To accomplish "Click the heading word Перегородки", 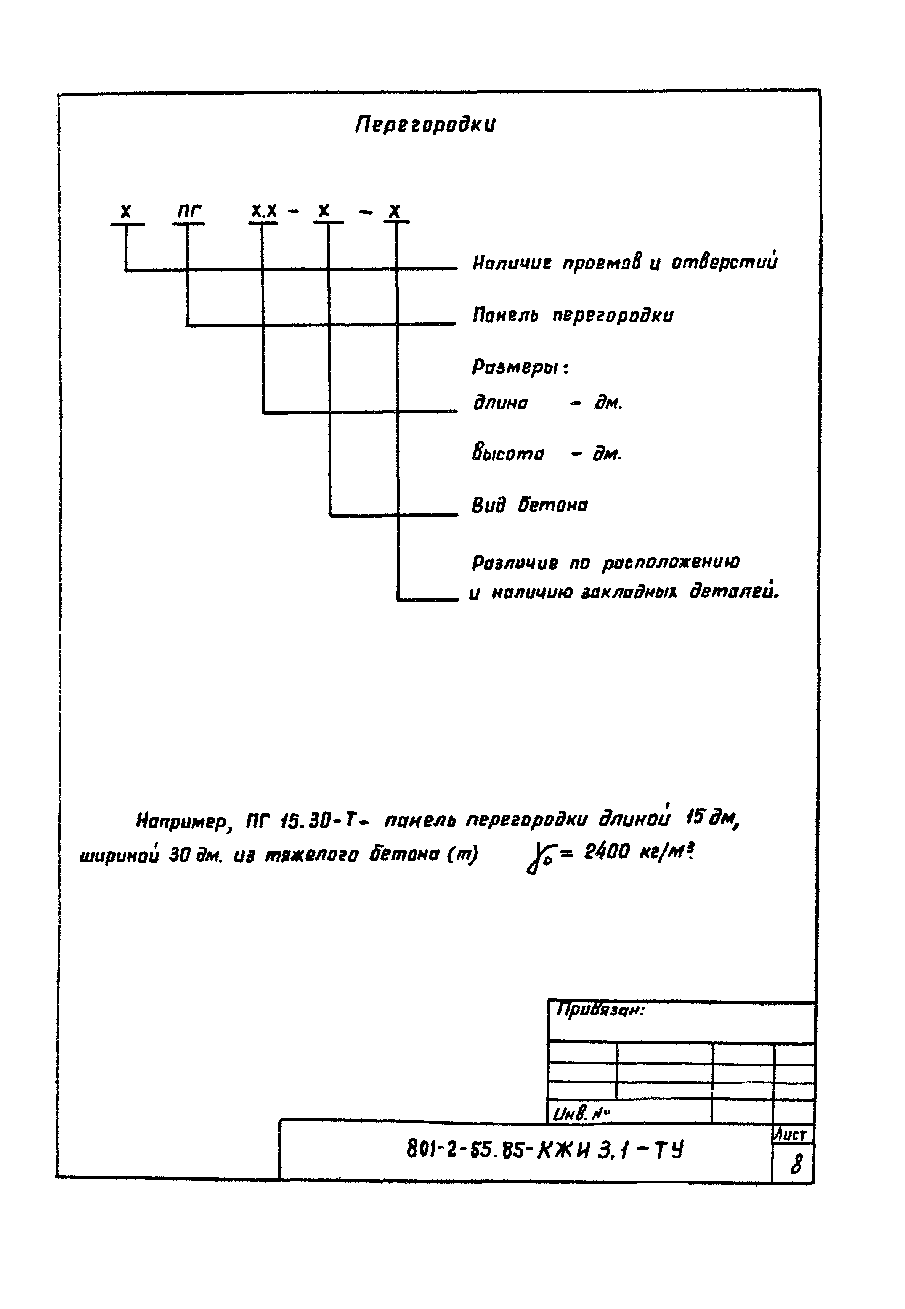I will (425, 124).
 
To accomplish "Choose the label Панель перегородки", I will (573, 315).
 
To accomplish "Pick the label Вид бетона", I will (530, 505).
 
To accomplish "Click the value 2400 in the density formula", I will (606, 852).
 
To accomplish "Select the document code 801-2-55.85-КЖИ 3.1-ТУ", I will (544, 1150).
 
